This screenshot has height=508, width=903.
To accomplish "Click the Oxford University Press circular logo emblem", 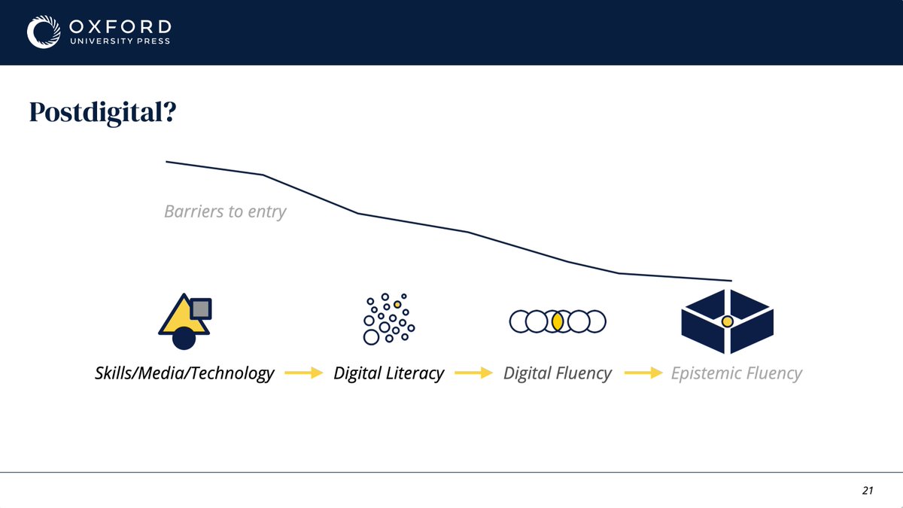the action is coord(44,32).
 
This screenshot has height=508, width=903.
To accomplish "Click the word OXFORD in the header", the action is coord(120,27).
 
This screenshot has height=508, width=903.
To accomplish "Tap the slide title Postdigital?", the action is coord(103,112).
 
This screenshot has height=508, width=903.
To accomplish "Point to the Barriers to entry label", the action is coord(225,211).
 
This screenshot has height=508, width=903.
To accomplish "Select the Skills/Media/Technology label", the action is coord(184,373).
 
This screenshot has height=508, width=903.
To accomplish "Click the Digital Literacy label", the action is coord(388,373).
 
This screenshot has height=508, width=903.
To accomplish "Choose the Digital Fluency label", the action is coord(557,373).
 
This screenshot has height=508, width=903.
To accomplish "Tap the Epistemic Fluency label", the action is coord(737,373).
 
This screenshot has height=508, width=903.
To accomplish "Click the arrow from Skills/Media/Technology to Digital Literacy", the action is coord(303,373).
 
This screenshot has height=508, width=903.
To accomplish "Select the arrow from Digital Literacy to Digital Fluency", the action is coord(473,373).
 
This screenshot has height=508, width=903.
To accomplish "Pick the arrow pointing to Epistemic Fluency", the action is coord(643,373).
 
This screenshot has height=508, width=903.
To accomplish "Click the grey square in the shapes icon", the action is coord(201,309).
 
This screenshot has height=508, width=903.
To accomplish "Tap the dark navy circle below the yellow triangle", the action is coord(184,338).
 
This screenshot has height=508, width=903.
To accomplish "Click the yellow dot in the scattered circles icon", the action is coord(397,304).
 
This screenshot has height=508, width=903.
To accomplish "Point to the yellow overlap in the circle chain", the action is coord(558,322).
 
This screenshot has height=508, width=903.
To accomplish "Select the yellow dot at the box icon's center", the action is coord(727,321).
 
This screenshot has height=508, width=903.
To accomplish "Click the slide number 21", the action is coord(868,490).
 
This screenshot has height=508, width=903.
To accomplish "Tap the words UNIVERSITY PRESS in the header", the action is coord(120,41).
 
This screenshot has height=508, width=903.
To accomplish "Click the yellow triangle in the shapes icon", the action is coord(181,318).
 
